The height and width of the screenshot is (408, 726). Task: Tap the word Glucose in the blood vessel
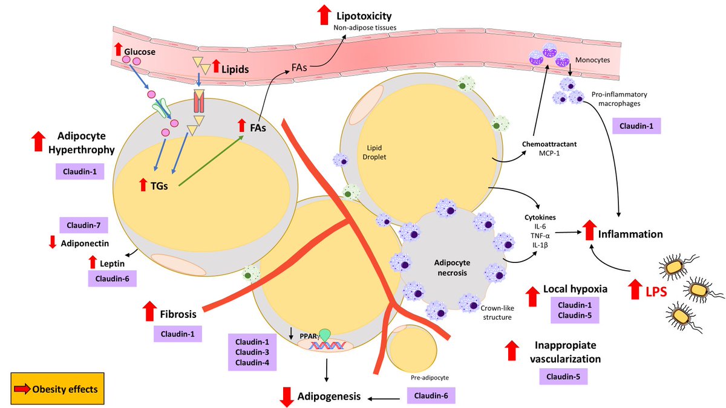tap(140, 52)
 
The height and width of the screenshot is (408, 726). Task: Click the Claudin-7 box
tap(84, 226)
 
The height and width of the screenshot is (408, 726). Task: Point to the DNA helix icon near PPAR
tap(330, 346)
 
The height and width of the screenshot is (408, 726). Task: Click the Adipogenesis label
tap(330, 397)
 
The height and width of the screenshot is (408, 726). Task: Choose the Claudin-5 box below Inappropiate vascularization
tap(563, 377)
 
